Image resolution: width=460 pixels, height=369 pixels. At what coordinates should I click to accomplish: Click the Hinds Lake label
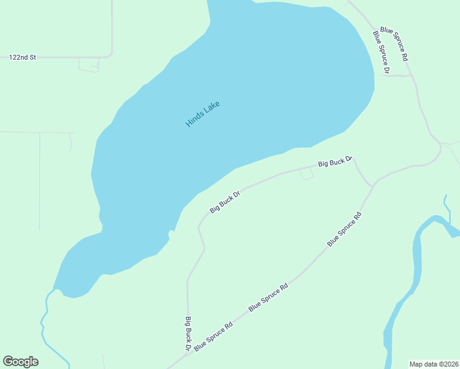pos(202,114)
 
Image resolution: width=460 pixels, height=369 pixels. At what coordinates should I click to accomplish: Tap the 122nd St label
pos(23,57)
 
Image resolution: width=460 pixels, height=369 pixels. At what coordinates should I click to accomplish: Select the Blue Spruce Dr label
pos(381,52)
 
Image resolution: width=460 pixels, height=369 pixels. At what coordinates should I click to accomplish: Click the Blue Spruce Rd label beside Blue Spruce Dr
pos(394,43)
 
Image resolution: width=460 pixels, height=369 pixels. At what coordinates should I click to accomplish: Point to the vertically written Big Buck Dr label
pos(188,333)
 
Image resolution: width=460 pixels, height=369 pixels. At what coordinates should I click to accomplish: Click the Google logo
pos(20,362)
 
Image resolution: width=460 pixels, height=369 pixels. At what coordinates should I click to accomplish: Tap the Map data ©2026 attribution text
pos(434,364)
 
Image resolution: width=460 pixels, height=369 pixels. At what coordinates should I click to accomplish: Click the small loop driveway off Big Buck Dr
pos(306,175)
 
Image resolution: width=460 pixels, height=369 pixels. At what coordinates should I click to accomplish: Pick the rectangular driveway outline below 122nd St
pos(89,64)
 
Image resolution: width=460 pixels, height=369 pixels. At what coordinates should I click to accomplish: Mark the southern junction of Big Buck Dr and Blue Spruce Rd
pos(189,354)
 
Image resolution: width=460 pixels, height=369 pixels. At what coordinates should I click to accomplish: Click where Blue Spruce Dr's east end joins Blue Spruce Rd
pos(410,76)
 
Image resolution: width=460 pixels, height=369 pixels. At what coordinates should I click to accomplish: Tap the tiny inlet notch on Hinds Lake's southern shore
pos(171,232)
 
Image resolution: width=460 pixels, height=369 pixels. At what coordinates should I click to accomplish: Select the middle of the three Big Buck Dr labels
pos(224,202)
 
